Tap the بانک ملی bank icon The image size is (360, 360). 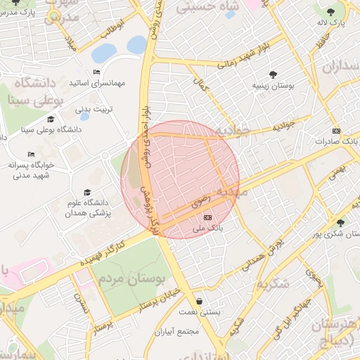coord(207,218)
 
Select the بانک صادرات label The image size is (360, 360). coord(333,141)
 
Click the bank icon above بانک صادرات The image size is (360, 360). coord(336,131)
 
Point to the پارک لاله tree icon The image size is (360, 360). coord(330,12)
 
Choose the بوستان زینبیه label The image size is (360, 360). coord(274,85)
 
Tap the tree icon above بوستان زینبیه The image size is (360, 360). coord(273,75)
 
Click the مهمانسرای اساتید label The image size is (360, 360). coord(97,83)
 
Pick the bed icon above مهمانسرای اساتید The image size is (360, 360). coord(96,72)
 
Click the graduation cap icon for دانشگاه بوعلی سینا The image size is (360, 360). coord(50,119)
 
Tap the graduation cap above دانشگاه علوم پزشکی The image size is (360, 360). coord(87,192)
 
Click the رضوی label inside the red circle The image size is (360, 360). coord(199,202)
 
